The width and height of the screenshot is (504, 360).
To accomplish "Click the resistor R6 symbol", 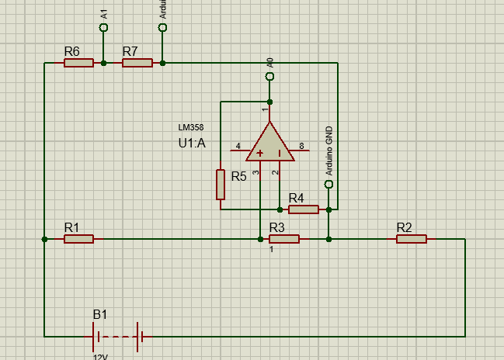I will (78, 63).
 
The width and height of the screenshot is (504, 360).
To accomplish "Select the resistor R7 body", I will (137, 63).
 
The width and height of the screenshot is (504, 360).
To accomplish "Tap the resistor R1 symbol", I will (78, 240).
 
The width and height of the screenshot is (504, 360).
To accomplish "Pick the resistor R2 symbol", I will (412, 240).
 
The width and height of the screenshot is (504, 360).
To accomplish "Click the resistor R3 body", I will (284, 240).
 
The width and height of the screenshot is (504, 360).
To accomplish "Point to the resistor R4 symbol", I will (304, 209).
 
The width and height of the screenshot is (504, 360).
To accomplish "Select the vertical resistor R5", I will (221, 185).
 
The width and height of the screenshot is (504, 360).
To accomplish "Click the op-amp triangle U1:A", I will (269, 144).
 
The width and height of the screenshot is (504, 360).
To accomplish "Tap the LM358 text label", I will (191, 126).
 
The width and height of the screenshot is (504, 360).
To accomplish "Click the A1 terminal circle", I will (104, 28).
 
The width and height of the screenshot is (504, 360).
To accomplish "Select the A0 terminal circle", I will (269, 77).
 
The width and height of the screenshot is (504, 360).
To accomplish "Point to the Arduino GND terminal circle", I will (328, 185).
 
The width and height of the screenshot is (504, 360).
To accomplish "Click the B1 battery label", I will (101, 314).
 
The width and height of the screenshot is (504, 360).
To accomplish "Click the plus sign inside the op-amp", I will (259, 153).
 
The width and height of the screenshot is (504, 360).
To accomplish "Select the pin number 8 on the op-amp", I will (301, 145).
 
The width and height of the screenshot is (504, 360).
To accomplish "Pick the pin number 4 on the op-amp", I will (238, 145).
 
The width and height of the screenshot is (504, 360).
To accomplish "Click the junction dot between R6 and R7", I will (104, 63).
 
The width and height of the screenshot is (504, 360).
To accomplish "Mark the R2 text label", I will (404, 227).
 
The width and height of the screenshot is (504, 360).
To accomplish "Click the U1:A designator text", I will (193, 143).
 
